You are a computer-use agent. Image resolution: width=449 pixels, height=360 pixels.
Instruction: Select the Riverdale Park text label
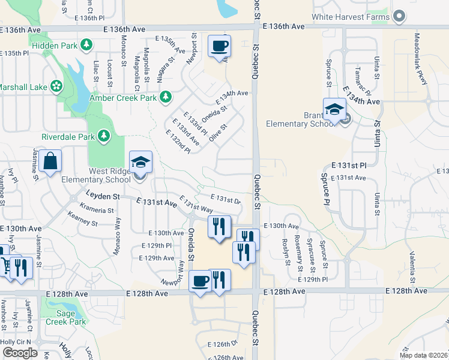68,136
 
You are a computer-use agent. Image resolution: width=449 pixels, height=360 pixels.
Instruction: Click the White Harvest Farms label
355,17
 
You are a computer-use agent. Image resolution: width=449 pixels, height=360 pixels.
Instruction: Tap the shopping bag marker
52,162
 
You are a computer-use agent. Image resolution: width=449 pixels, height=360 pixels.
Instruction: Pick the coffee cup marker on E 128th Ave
200,281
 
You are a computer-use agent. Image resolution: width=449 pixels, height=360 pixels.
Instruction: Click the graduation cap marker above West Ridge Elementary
140,162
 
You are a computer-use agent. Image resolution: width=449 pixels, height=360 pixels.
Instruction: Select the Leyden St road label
103,196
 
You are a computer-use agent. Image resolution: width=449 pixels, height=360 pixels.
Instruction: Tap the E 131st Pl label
348,164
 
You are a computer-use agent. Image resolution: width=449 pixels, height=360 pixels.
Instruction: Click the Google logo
20,353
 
